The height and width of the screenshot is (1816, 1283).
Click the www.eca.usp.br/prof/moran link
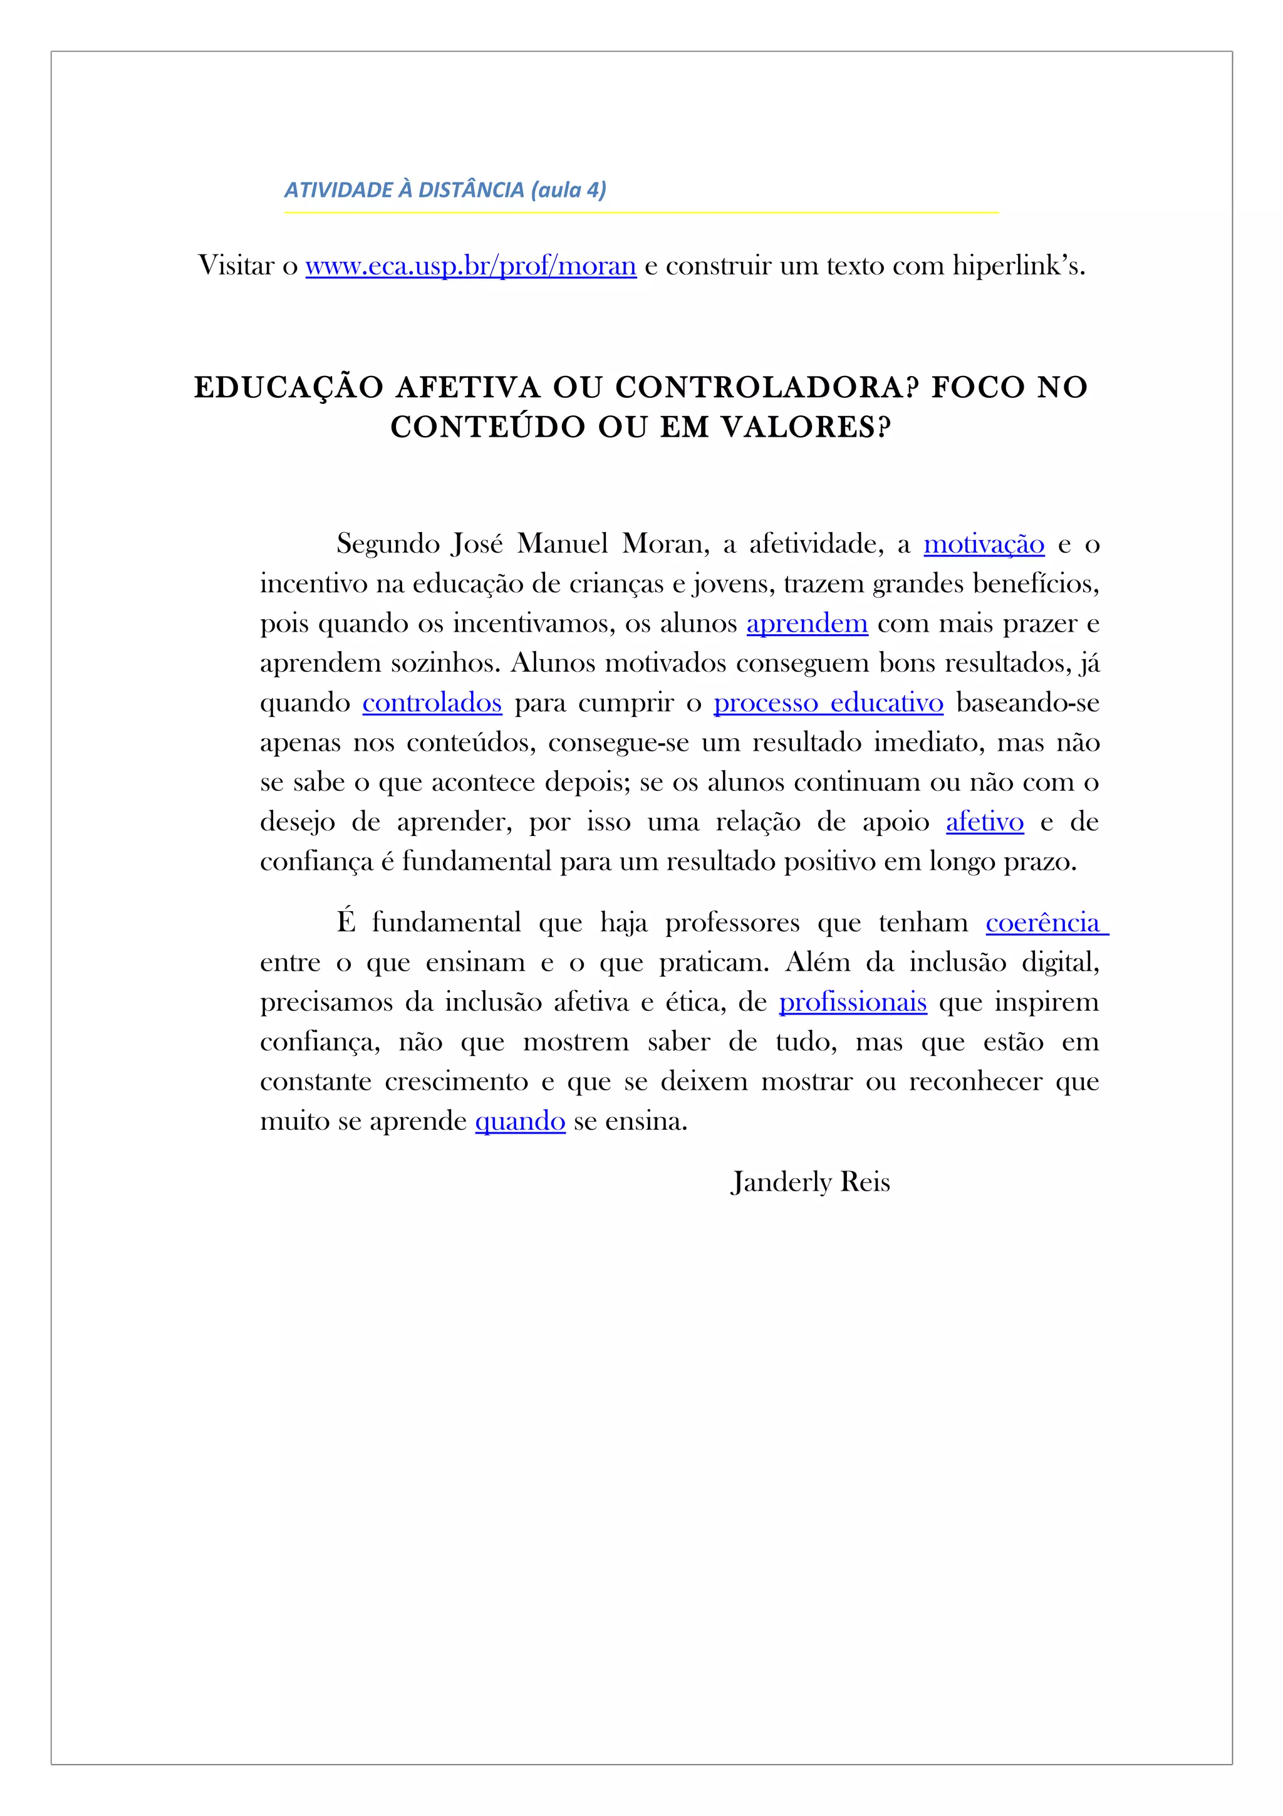point(470,266)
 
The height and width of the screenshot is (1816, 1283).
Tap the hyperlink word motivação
point(984,544)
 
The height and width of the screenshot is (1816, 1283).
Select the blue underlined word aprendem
point(806,624)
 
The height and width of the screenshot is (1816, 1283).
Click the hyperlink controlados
point(432,703)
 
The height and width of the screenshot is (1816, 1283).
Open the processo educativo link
point(828,703)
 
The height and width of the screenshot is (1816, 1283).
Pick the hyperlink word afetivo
point(984,823)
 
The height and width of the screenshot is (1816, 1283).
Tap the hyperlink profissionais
point(852,1002)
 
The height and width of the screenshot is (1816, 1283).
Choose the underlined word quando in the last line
point(520,1122)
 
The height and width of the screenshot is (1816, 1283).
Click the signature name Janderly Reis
point(810,1182)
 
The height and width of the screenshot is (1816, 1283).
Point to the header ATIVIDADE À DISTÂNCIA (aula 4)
point(445,190)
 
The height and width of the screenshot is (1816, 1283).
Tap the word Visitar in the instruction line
point(236,266)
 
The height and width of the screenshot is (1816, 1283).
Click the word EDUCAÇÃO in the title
point(289,387)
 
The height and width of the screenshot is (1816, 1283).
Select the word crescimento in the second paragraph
point(456,1082)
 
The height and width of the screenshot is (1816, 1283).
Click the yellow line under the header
point(641,212)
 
